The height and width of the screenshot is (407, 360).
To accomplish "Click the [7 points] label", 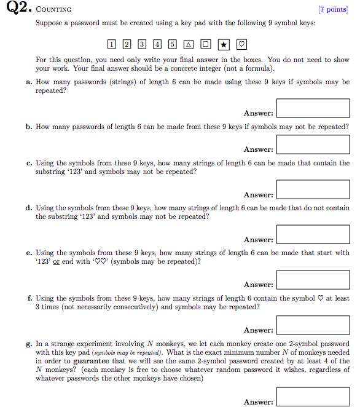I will point(332,10).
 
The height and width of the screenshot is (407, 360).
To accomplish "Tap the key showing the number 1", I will point(111,44).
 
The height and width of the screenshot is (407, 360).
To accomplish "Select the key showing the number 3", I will point(142,44).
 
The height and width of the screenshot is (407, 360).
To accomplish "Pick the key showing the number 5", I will point(173,44).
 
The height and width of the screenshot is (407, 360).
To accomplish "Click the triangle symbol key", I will point(188,44).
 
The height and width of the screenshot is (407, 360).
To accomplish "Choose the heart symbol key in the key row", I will point(241,44).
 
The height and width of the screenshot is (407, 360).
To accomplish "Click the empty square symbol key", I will point(205,44).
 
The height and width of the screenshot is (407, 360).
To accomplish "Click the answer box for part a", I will point(313,108).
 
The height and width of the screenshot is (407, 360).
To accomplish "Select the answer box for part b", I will point(313,144).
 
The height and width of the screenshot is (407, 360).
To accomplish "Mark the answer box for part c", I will point(313,189).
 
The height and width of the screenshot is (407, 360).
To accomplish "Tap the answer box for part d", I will point(313,234).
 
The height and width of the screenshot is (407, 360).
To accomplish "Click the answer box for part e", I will point(313,279).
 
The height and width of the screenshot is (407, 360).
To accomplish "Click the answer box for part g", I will point(313,397).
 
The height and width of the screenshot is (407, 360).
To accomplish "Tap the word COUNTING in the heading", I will point(54,10).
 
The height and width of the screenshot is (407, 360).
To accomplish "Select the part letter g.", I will point(28,344).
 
